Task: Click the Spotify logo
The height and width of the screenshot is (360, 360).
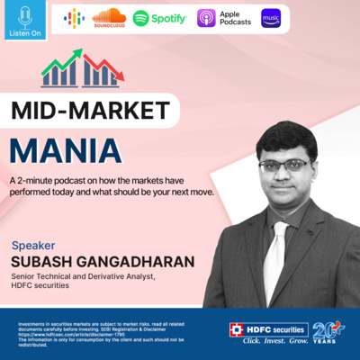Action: point(159,18)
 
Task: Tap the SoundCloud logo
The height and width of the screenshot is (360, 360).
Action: point(109,17)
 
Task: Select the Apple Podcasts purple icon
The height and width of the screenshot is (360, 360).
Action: point(206,18)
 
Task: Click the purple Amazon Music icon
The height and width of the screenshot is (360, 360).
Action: point(271,18)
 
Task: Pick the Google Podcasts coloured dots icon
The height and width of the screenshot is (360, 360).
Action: point(75,18)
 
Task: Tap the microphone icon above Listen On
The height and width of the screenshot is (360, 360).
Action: point(24,18)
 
